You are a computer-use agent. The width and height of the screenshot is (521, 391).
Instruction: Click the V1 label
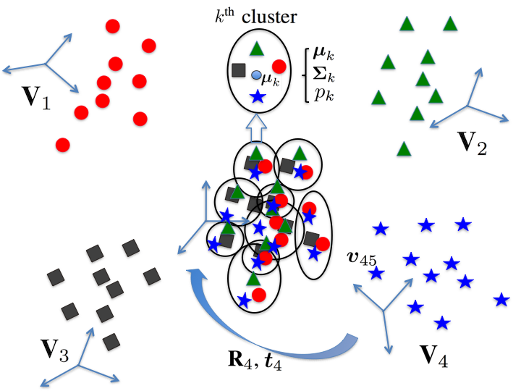(x=36, y=98)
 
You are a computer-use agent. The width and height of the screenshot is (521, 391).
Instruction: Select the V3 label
(x=54, y=350)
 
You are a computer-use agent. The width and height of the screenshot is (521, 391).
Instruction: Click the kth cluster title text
(x=255, y=16)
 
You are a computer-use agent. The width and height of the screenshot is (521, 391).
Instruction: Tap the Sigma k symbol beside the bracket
(x=323, y=75)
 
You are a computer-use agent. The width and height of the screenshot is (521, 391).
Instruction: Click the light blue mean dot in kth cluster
(x=256, y=75)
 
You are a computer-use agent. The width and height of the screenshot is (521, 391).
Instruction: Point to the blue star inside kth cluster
(x=258, y=97)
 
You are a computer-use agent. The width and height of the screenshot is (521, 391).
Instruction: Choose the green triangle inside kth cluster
(x=256, y=49)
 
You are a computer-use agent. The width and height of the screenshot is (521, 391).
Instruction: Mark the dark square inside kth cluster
(x=239, y=70)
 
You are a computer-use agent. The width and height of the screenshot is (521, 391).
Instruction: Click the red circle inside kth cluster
(x=279, y=67)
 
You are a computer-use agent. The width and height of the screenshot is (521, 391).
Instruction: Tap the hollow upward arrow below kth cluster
(x=256, y=129)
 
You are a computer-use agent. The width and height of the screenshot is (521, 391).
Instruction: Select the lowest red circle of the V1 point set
(x=63, y=145)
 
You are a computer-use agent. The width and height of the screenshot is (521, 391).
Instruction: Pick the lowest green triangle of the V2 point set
(x=404, y=148)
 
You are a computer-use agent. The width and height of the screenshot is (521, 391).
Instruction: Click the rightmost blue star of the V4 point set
(x=501, y=300)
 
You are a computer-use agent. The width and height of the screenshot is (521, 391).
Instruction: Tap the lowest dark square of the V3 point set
(x=111, y=342)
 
